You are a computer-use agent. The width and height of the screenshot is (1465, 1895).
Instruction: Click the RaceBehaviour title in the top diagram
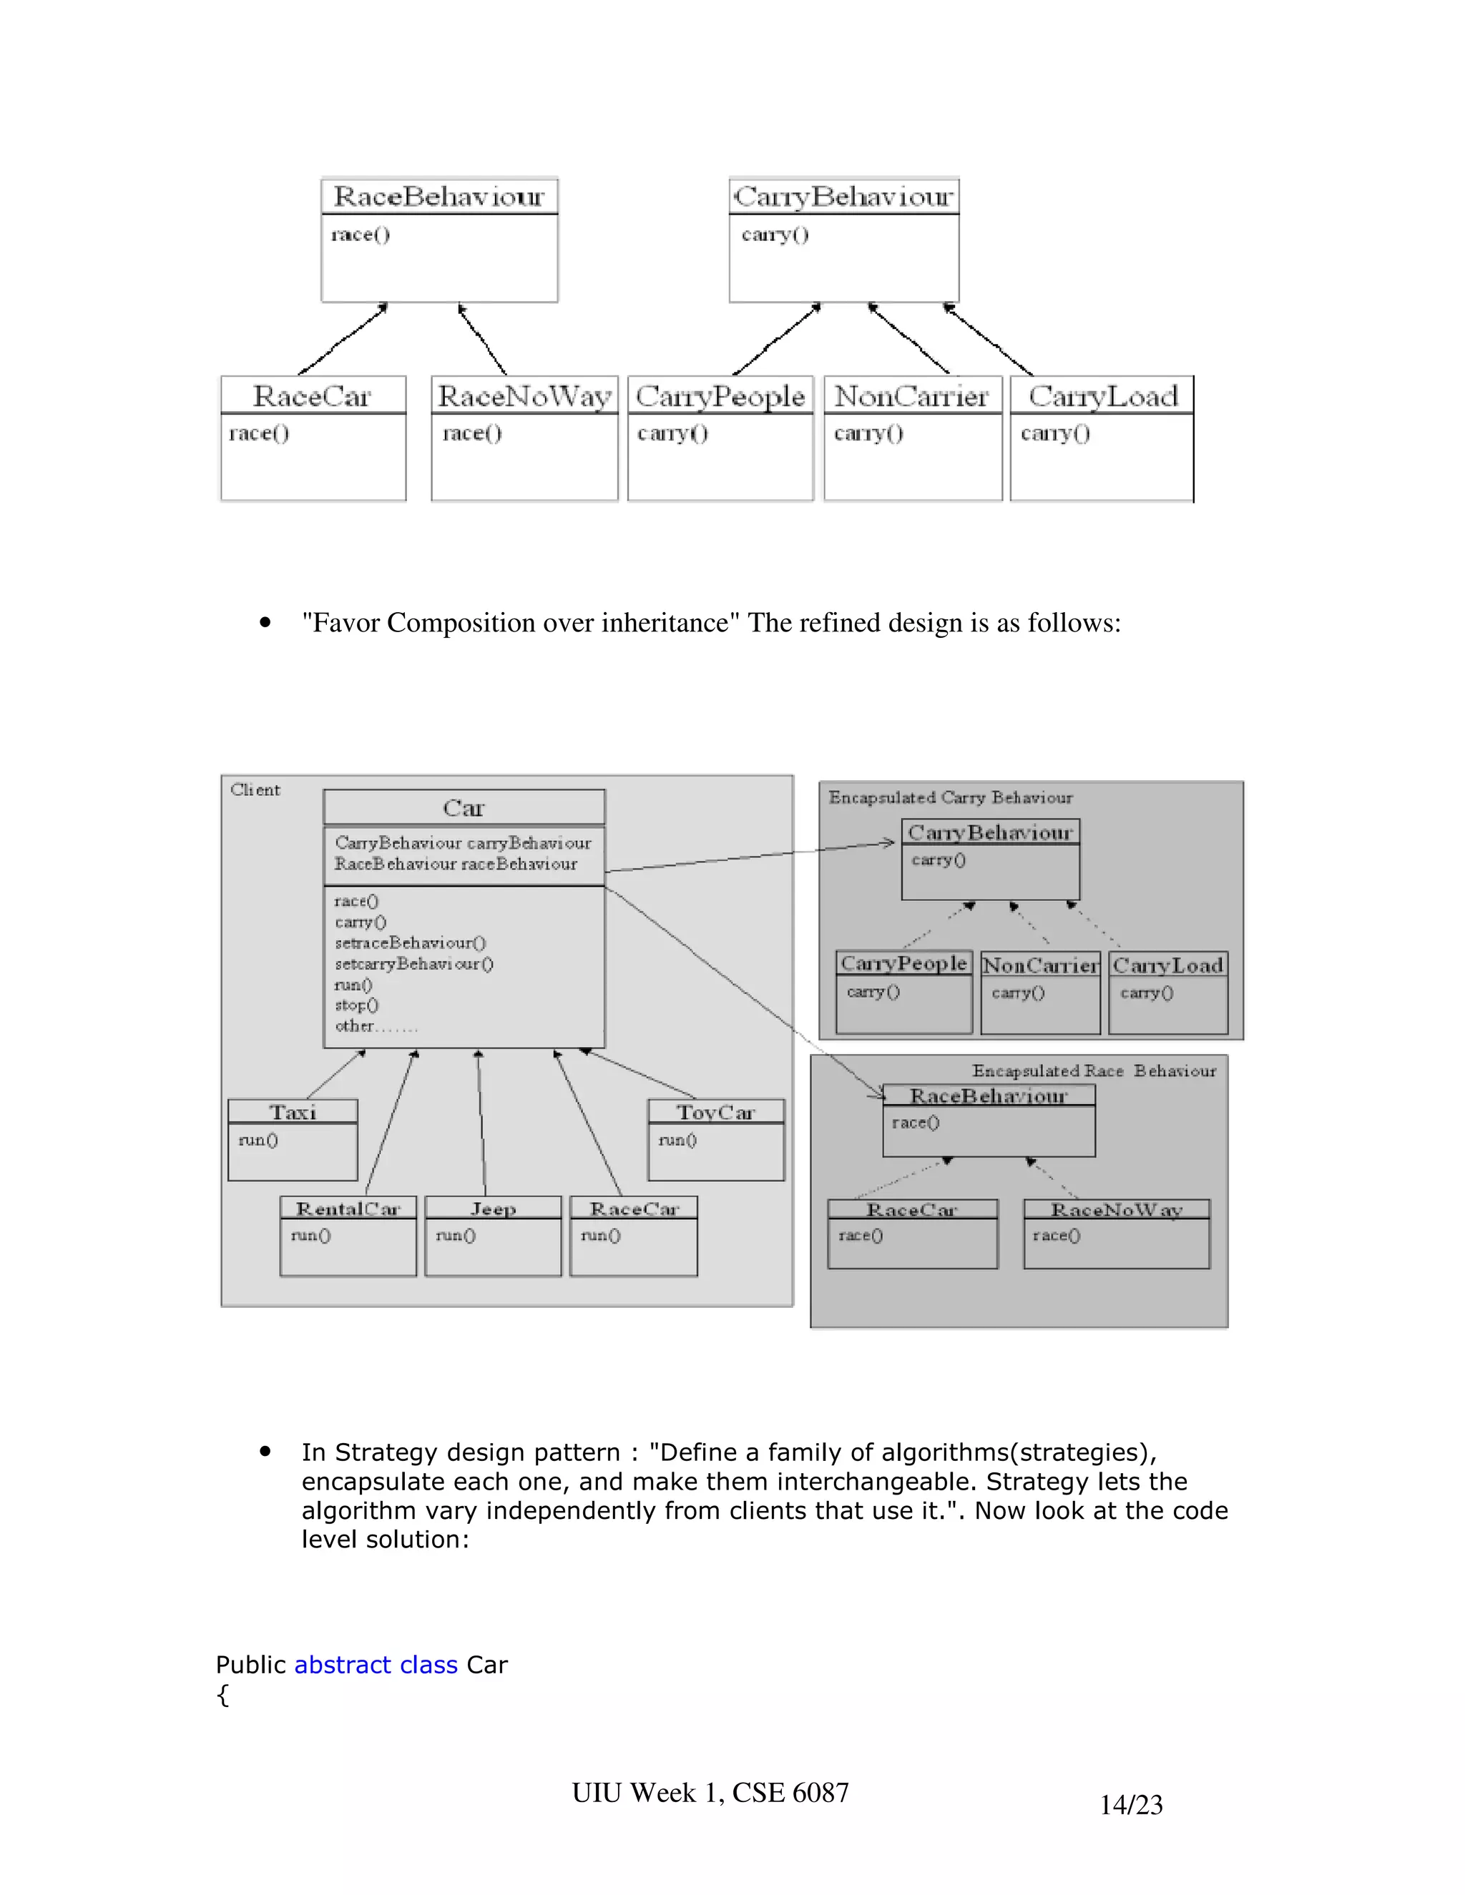pyautogui.click(x=439, y=197)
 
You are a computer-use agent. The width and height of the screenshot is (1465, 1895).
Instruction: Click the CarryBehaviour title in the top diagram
pyautogui.click(x=843, y=197)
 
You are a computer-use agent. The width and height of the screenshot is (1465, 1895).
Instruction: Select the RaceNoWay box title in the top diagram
pyautogui.click(x=524, y=397)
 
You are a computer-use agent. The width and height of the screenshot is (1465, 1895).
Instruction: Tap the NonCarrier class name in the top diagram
pyautogui.click(x=911, y=397)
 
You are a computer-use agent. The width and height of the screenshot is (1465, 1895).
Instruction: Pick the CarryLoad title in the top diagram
pyautogui.click(x=1102, y=397)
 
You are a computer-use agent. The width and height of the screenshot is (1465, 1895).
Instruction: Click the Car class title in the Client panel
pyautogui.click(x=464, y=808)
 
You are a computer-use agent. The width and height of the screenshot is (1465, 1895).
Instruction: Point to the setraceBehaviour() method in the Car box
pyautogui.click(x=410, y=942)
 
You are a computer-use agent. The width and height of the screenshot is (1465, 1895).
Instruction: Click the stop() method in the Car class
pyautogui.click(x=357, y=1005)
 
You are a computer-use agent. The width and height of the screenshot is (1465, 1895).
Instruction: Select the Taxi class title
pyautogui.click(x=293, y=1113)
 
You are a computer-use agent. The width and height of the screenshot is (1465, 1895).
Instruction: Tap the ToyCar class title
pyautogui.click(x=716, y=1113)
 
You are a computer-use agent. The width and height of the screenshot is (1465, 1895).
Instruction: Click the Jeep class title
pyautogui.click(x=493, y=1209)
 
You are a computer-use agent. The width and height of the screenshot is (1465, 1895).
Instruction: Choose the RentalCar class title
pyautogui.click(x=348, y=1209)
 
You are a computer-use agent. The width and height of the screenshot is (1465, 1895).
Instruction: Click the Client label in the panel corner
pyautogui.click(x=255, y=789)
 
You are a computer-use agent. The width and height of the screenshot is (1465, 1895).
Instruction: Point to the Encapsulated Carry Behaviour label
pyautogui.click(x=951, y=797)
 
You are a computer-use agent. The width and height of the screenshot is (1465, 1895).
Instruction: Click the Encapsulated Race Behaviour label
pyautogui.click(x=1094, y=1070)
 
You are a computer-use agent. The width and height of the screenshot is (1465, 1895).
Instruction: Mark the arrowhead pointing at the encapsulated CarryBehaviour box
pyautogui.click(x=888, y=842)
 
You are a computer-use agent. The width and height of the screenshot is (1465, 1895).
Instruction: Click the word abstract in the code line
pyautogui.click(x=343, y=1665)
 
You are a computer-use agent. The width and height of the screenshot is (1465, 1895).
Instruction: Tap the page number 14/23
pyautogui.click(x=1131, y=1805)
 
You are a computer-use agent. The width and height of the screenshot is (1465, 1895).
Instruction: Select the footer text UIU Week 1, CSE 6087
pyautogui.click(x=710, y=1793)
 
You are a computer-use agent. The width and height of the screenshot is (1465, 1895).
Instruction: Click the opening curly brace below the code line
pyautogui.click(x=223, y=1695)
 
